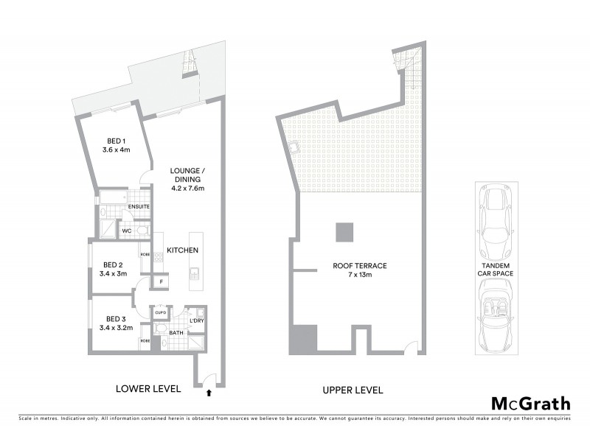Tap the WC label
coord(127,231)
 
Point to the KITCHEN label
coord(182,250)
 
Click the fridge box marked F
coord(161,281)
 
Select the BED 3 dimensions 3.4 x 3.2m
coord(117,328)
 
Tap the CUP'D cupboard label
coord(161,313)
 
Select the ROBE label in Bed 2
coord(145,255)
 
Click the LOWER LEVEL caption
coord(149,388)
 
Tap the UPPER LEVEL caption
coord(352,389)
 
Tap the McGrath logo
coord(531,403)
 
